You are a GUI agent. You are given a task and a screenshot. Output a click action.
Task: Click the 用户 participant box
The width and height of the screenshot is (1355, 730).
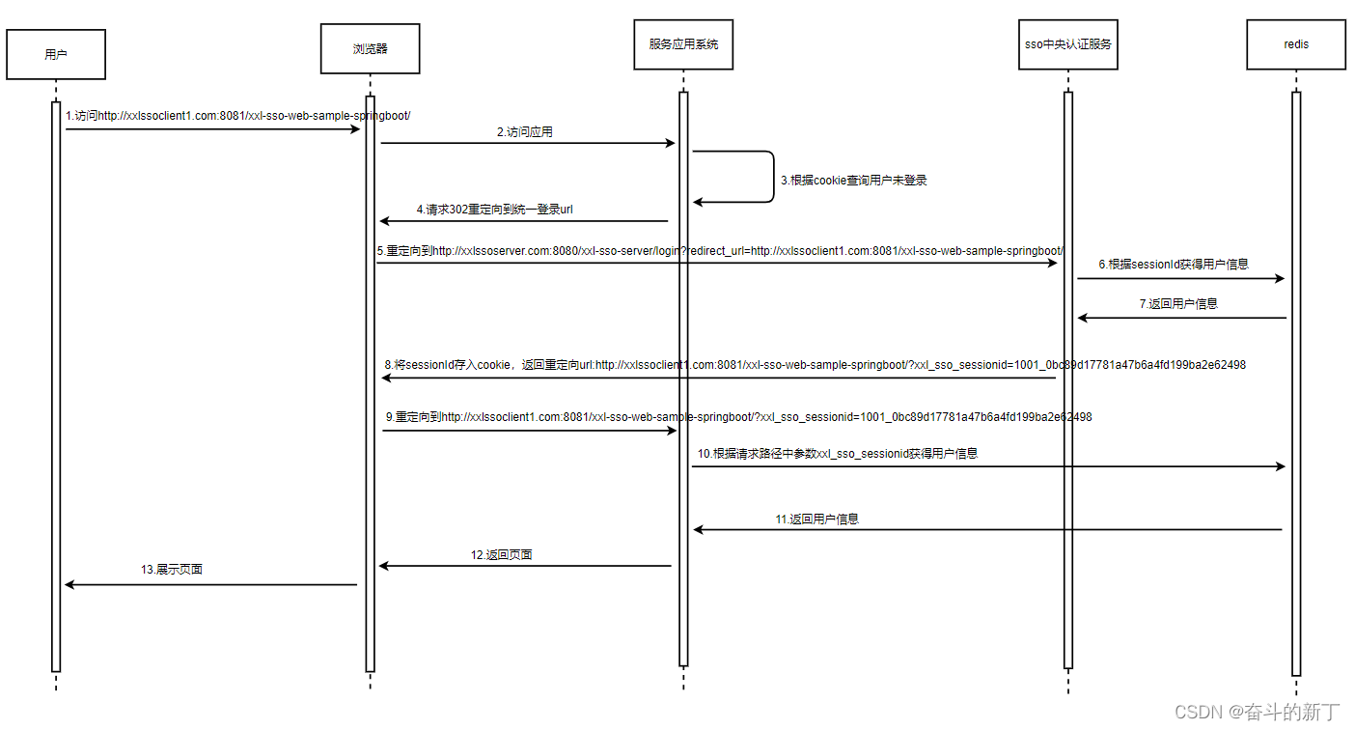(x=56, y=54)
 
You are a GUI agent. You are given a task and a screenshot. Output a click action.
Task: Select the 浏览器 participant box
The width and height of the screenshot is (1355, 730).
(x=370, y=48)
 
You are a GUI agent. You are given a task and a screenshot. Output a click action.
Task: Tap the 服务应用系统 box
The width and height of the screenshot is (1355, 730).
(x=683, y=44)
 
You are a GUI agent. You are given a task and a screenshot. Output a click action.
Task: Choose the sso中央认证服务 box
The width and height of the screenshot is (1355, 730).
(x=1068, y=44)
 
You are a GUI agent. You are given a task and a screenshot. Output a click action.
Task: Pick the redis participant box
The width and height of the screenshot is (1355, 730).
(x=1295, y=44)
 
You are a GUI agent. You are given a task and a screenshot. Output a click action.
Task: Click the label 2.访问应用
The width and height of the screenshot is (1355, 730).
(x=525, y=132)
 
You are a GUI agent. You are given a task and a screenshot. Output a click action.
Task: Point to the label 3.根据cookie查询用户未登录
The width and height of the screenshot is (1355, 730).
(x=853, y=181)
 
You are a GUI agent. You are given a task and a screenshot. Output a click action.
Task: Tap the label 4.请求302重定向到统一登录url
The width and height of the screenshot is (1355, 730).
(x=495, y=210)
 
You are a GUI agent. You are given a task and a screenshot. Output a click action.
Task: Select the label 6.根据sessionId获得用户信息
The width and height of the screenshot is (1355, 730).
(x=1173, y=264)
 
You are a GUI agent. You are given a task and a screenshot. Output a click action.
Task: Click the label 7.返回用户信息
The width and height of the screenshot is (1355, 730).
(x=1178, y=303)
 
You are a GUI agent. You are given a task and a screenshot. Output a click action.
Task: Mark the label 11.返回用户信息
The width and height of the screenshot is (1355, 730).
(x=816, y=519)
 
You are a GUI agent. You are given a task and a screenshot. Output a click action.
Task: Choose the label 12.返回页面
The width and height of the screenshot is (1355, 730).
(x=502, y=555)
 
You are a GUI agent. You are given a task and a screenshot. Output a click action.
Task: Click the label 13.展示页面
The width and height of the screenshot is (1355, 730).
(x=172, y=570)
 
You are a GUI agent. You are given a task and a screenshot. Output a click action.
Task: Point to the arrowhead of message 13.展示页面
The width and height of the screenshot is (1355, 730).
(x=69, y=584)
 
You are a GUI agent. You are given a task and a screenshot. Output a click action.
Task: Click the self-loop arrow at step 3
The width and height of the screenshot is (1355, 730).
(x=773, y=177)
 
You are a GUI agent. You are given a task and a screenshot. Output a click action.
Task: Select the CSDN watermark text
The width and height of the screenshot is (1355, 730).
(x=1257, y=713)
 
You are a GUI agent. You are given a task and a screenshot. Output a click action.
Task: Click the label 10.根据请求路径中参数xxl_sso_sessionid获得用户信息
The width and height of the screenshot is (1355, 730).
(x=837, y=453)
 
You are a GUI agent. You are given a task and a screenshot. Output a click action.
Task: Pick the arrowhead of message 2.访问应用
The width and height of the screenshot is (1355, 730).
(x=670, y=143)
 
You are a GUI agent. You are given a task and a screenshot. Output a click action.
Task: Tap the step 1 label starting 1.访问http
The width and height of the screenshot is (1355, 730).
(x=237, y=116)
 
